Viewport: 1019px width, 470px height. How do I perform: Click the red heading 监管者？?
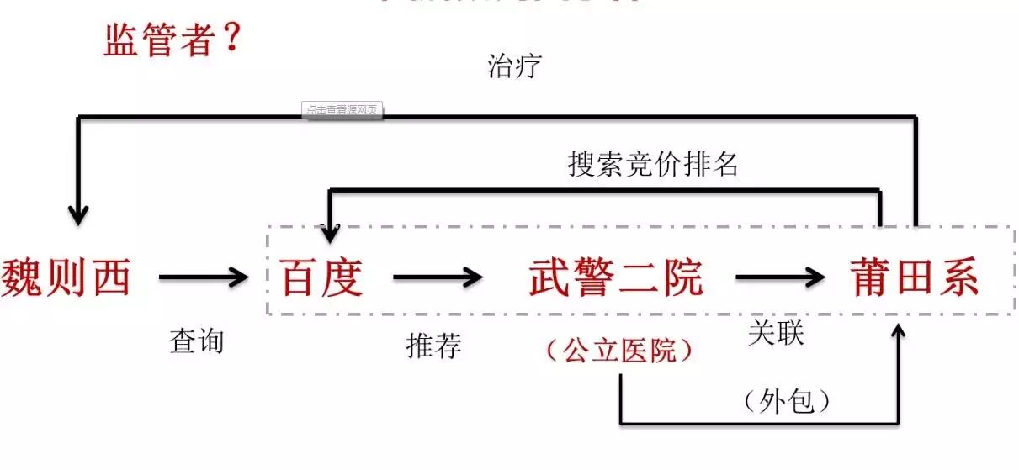point(173,39)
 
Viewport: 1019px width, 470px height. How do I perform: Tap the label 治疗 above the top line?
point(513,66)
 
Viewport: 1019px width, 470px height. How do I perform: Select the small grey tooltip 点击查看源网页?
point(342,110)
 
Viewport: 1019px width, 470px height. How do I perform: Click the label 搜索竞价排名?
point(653,164)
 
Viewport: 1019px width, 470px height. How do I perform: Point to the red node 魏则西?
point(66,276)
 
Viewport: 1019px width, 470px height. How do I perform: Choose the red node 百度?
point(321,277)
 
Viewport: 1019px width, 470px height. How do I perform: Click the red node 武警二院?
point(616,277)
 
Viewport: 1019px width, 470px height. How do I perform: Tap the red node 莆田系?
point(915,277)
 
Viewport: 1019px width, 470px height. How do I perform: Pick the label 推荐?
point(433,345)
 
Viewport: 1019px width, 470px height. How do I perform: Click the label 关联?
point(776,333)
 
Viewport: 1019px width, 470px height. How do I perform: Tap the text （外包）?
point(788,401)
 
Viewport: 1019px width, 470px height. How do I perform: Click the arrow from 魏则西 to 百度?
point(204,276)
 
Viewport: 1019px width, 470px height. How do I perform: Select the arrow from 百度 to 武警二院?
point(438,276)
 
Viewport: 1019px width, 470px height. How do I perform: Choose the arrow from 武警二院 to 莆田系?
point(779,276)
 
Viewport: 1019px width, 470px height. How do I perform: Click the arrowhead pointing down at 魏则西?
point(78,215)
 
